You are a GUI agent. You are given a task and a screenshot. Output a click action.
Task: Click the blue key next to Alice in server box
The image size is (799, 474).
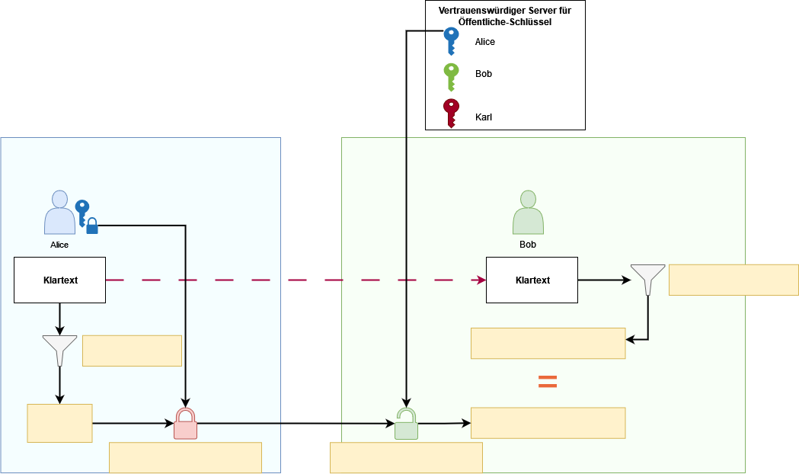(451, 41)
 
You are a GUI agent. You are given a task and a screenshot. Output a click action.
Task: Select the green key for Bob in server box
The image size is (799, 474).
(451, 76)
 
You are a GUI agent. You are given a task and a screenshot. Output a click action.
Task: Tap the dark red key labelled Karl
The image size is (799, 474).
(451, 113)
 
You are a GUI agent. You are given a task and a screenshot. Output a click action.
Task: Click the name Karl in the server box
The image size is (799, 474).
(483, 117)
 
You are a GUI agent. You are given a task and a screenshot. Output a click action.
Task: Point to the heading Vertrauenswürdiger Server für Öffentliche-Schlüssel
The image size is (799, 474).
(505, 17)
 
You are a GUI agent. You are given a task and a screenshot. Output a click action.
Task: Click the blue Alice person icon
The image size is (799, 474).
(59, 213)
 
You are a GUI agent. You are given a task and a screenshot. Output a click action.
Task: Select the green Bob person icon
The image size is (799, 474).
(528, 213)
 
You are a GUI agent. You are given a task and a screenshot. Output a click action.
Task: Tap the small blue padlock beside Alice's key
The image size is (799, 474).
(92, 226)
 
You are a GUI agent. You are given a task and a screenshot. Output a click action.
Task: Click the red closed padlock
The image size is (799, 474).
(185, 424)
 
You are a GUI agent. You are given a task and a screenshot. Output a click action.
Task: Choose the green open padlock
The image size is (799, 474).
(406, 425)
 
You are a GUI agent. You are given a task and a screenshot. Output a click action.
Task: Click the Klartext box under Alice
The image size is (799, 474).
(59, 280)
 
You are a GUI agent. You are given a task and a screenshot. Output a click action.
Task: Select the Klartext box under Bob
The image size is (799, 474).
(532, 280)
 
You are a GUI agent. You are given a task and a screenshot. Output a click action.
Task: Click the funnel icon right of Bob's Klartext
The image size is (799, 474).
(647, 280)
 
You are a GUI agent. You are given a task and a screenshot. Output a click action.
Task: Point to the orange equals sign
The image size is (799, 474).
(547, 382)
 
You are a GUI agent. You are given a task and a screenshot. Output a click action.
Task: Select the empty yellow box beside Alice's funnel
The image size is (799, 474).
(132, 351)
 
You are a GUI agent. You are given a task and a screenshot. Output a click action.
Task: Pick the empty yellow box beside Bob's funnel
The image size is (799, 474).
(733, 280)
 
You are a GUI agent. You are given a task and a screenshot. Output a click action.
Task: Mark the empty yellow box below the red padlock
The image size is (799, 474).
(185, 457)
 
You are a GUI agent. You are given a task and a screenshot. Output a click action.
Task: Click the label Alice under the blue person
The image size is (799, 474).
(59, 245)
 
